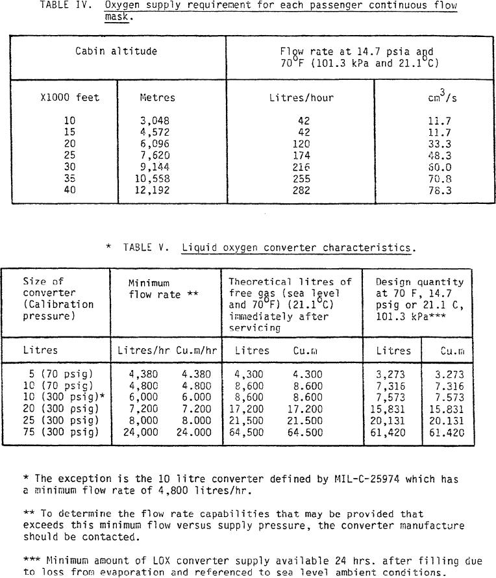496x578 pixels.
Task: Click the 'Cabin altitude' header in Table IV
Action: tap(116, 51)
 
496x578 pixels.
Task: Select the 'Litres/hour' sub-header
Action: tap(301, 98)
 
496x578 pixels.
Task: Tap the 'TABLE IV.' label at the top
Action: tap(62, 6)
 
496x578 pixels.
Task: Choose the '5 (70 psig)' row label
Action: tap(58, 374)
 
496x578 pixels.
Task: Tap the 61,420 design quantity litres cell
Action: tap(393, 432)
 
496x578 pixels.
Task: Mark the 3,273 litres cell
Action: tap(393, 374)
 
